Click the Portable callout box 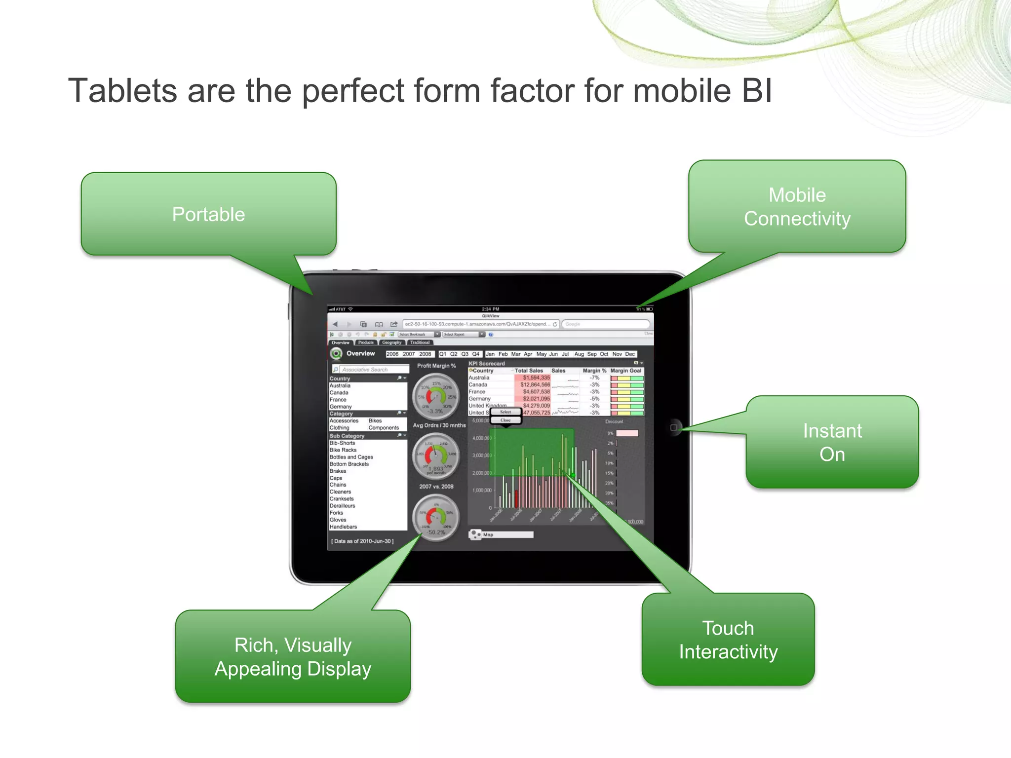(208, 214)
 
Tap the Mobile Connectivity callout (797, 207)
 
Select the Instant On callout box (832, 442)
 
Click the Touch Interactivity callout (728, 640)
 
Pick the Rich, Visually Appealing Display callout (293, 656)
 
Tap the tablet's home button (674, 427)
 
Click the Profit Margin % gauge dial (436, 396)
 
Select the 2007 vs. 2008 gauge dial (436, 517)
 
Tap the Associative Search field (370, 369)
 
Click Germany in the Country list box (341, 407)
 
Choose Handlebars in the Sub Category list (343, 527)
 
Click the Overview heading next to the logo (360, 353)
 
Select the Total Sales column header (528, 371)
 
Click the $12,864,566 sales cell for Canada (535, 384)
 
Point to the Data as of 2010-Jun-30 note (362, 541)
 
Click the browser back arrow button (335, 324)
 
